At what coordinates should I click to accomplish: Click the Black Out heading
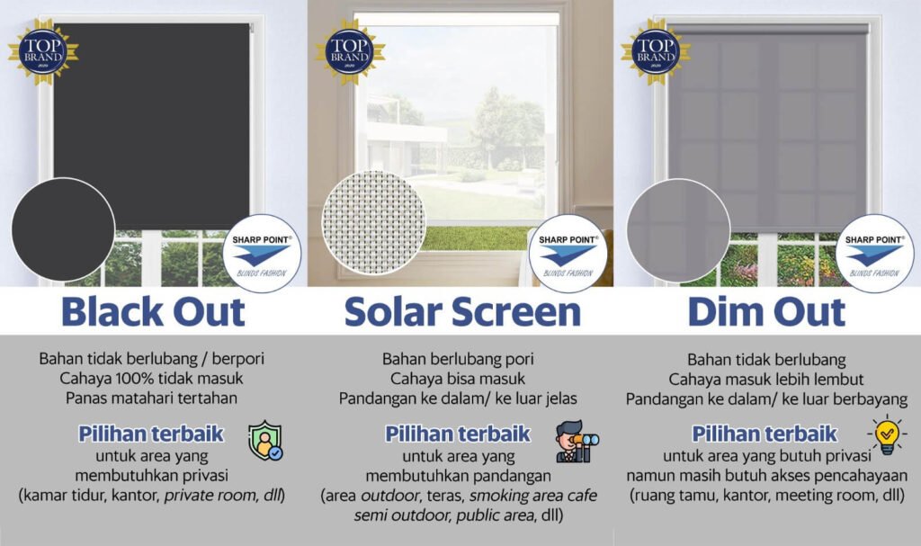click(x=153, y=311)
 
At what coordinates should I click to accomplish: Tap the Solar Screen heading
click(x=461, y=311)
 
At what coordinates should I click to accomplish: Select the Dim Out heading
click(x=766, y=311)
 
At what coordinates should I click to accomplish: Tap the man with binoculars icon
click(x=577, y=442)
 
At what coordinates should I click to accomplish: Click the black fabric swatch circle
click(x=63, y=229)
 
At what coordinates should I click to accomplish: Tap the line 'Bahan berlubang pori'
click(x=460, y=359)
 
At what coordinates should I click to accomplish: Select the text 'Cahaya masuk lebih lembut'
click(x=767, y=378)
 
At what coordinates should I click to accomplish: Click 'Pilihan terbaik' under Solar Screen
click(x=458, y=434)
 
